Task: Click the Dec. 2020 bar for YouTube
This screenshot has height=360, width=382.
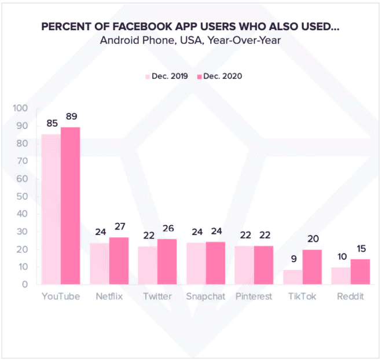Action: (71, 206)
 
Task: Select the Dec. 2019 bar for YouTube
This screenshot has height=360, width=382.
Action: (51, 210)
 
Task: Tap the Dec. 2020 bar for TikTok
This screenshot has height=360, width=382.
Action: (313, 267)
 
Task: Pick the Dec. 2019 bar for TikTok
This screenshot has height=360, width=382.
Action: (293, 277)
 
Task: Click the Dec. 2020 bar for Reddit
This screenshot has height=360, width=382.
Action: (361, 272)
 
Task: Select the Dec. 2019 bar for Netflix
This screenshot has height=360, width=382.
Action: (100, 264)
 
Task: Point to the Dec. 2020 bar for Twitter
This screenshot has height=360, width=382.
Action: (167, 262)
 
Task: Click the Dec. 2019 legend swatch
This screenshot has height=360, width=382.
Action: (148, 77)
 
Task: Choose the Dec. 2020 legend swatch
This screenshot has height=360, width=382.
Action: (200, 77)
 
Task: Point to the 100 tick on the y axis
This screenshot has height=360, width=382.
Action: (20, 108)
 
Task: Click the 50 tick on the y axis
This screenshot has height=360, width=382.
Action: (22, 196)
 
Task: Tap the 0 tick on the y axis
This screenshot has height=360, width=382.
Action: (25, 285)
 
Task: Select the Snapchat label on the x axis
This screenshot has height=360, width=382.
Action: (205, 296)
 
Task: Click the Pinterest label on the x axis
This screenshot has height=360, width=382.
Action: (254, 296)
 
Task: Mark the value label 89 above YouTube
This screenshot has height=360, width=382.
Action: (72, 116)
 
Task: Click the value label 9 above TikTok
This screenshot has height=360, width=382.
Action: (294, 259)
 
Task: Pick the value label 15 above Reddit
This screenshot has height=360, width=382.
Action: (361, 249)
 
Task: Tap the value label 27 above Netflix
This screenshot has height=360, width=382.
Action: (120, 227)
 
